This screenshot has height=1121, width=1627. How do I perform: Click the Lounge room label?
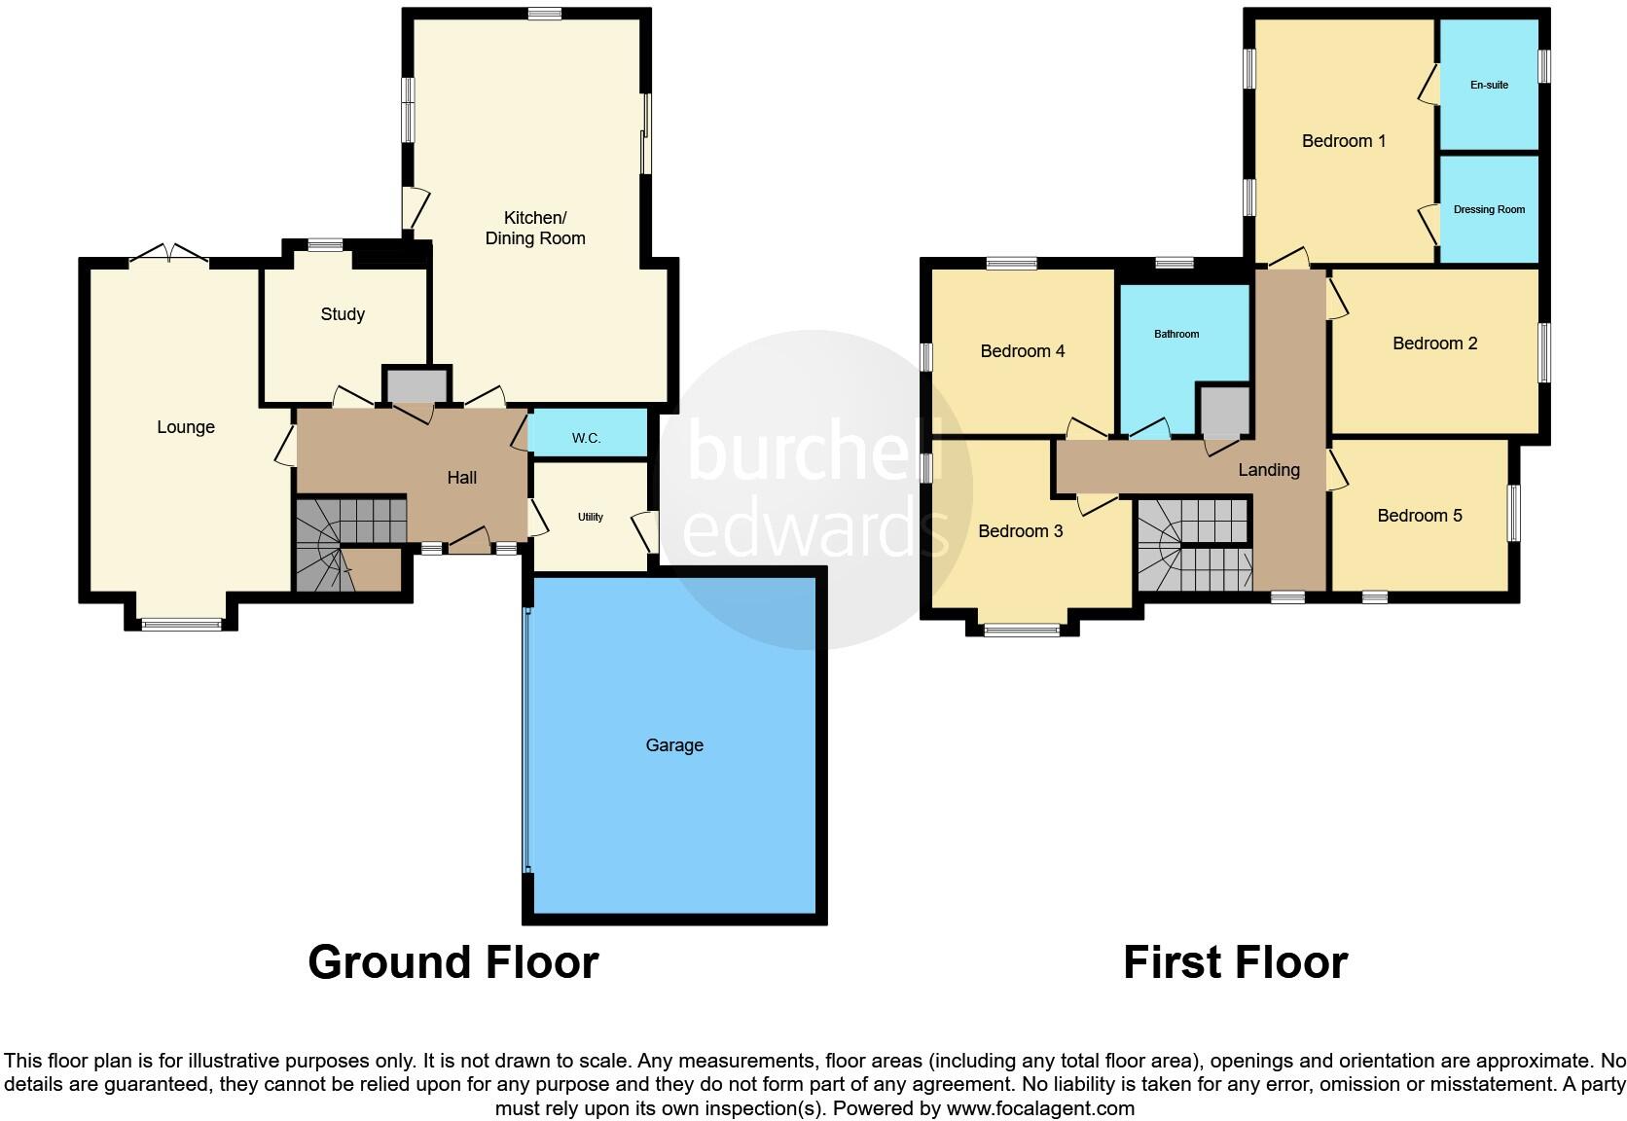click(x=186, y=427)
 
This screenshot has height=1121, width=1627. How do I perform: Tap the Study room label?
click(x=343, y=314)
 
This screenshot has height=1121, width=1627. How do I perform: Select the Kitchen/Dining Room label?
click(x=535, y=228)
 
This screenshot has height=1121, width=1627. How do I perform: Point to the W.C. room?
click(x=586, y=438)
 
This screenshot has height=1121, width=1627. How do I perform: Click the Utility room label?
click(x=591, y=517)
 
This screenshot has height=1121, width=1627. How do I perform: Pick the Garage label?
click(x=674, y=745)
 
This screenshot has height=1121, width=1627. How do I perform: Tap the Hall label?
click(x=462, y=478)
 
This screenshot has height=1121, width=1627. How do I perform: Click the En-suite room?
click(x=1489, y=85)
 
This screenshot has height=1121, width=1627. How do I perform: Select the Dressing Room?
click(x=1489, y=209)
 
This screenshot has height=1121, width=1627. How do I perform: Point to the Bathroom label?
click(x=1176, y=334)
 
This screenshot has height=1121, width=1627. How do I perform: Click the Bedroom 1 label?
click(x=1344, y=141)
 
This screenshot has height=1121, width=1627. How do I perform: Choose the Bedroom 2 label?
click(x=1434, y=344)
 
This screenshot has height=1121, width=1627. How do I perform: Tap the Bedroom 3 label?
click(x=1020, y=531)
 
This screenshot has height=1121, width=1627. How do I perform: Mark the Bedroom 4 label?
click(x=1022, y=351)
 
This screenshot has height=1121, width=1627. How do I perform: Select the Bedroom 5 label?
click(x=1419, y=516)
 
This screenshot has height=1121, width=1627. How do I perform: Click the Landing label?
click(x=1268, y=470)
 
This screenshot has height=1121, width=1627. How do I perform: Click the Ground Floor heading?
click(x=452, y=962)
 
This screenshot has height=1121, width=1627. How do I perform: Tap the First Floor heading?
click(x=1235, y=962)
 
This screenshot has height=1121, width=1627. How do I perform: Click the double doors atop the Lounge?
click(x=168, y=253)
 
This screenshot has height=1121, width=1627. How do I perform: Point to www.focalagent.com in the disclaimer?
click(x=1040, y=1108)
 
